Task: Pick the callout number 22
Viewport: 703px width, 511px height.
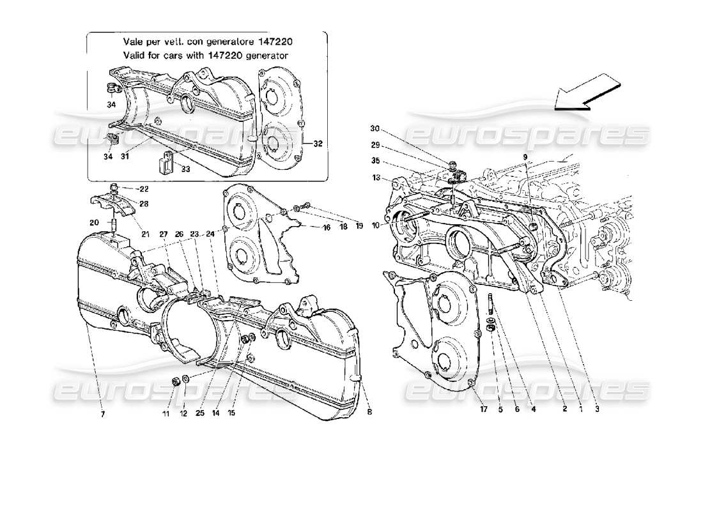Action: point(144,188)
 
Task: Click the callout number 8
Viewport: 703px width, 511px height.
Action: point(370,413)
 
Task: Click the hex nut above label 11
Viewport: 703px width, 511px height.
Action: point(174,382)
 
